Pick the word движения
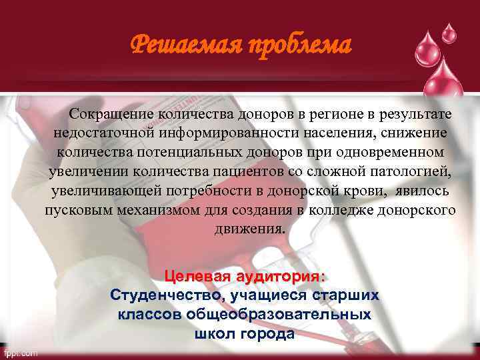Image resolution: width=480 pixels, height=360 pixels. pyautogui.click(x=249, y=229)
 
